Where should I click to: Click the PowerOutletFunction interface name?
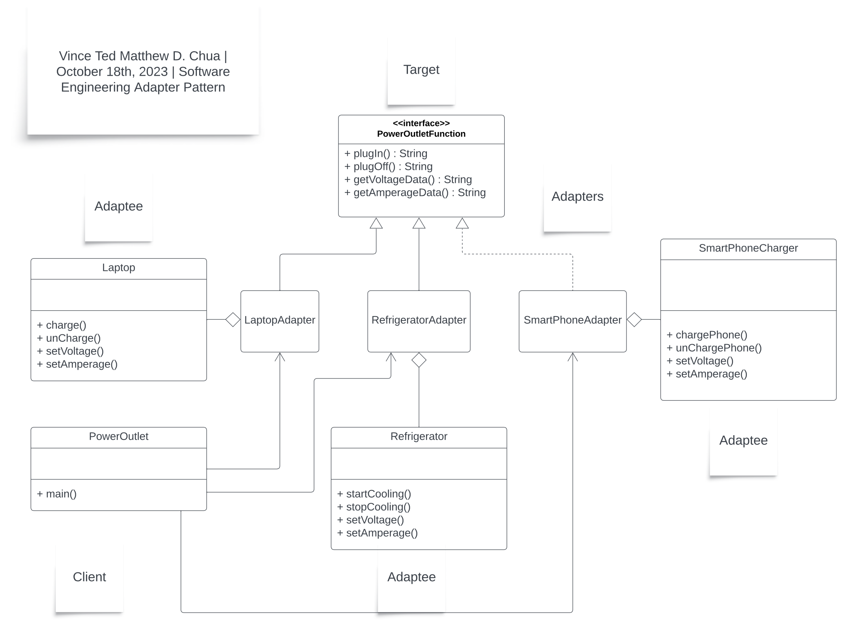click(421, 134)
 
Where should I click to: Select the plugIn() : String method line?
click(386, 153)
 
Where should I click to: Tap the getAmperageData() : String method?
click(415, 192)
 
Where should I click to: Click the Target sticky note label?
click(421, 69)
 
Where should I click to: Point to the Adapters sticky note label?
click(577, 196)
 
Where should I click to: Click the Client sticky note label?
click(89, 577)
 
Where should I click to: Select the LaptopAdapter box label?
click(279, 320)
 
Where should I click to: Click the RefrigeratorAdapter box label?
click(419, 320)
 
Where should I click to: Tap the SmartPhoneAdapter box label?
click(572, 320)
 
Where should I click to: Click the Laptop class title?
click(118, 268)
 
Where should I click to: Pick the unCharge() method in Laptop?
click(69, 338)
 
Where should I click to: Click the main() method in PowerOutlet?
click(57, 494)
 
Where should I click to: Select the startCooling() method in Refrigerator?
click(374, 494)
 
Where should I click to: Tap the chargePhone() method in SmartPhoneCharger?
click(707, 335)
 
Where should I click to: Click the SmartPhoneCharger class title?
click(748, 248)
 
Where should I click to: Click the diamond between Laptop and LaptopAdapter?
click(233, 319)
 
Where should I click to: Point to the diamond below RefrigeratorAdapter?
click(419, 360)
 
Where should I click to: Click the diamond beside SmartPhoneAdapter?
click(634, 319)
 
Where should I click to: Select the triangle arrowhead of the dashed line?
click(462, 224)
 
